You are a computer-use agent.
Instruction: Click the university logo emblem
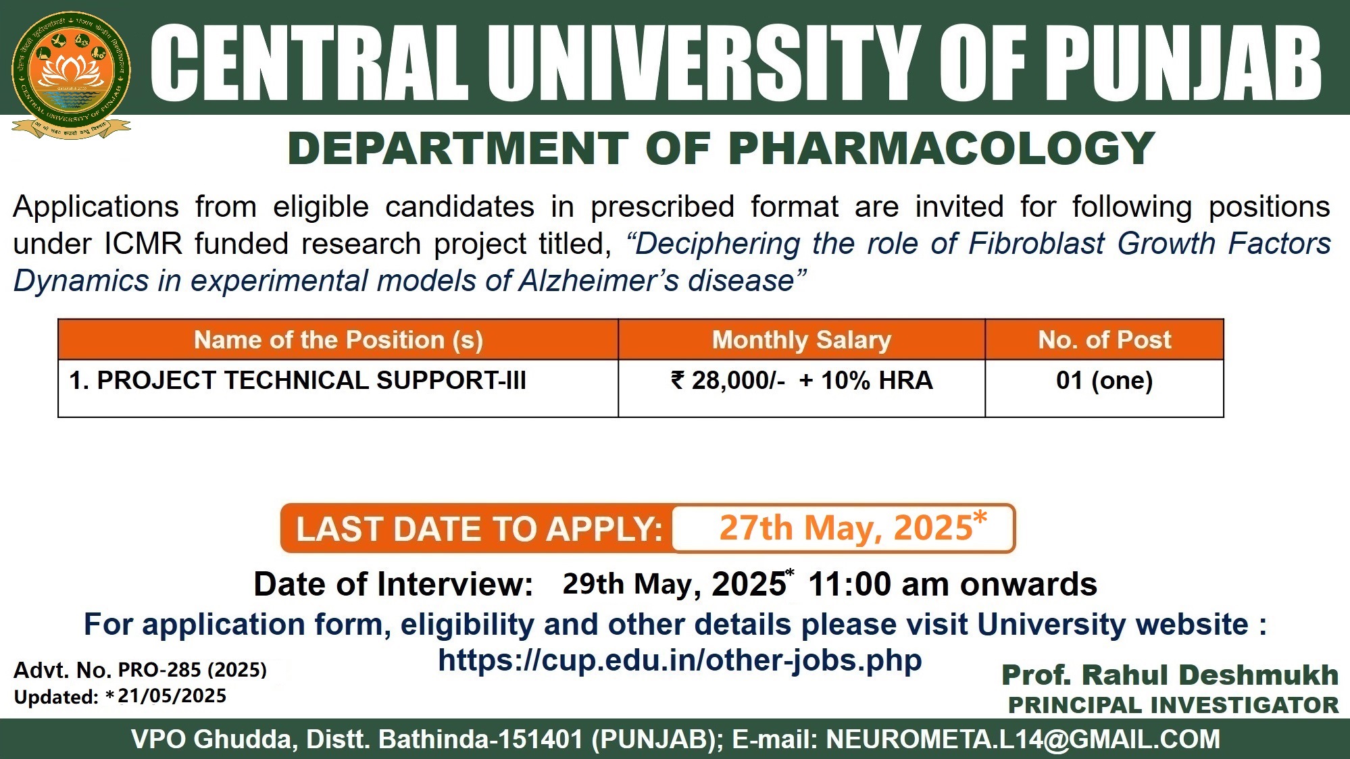[71, 74]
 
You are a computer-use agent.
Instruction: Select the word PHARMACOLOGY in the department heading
[942, 149]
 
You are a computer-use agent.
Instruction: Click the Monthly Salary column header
[801, 340]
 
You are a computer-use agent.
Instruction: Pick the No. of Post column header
[1105, 340]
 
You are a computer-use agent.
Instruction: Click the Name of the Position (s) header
[339, 340]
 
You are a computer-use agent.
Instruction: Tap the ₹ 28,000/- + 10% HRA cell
[802, 381]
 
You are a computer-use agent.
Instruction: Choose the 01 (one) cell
[1105, 380]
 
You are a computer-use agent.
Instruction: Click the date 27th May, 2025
[853, 527]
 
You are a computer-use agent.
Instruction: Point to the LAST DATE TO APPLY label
[479, 529]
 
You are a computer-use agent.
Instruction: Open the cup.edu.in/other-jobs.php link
[680, 660]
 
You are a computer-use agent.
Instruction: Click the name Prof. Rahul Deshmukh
[1170, 675]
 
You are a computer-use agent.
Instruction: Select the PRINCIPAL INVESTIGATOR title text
[1174, 705]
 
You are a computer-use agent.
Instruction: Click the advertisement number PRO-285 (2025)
[193, 670]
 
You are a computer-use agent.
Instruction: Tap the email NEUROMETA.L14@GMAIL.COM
[1023, 739]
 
